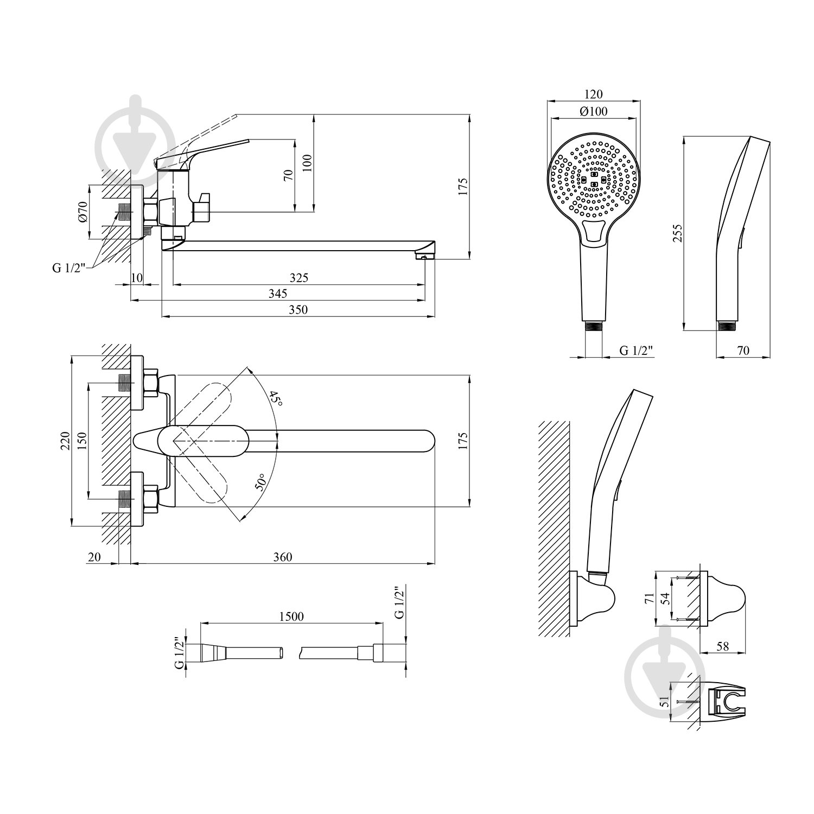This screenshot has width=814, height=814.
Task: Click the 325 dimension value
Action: (x=298, y=278)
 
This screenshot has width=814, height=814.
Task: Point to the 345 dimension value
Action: (x=277, y=294)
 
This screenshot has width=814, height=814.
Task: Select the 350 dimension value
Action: (x=298, y=310)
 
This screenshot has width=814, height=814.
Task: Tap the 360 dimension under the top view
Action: (x=283, y=557)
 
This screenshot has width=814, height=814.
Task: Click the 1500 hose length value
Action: (x=291, y=616)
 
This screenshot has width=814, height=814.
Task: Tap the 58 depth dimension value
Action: (x=722, y=646)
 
